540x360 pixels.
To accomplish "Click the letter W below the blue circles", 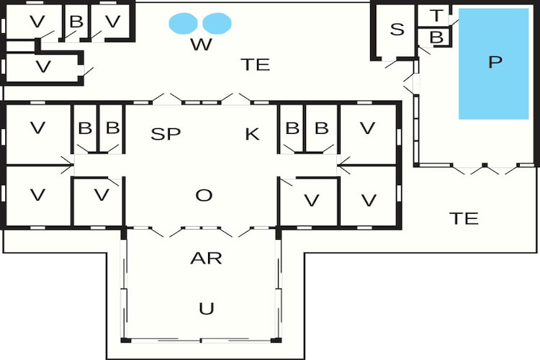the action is (x=201, y=45).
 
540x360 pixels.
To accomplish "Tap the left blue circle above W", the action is (x=183, y=24).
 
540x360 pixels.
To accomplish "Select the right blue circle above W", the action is (x=217, y=24).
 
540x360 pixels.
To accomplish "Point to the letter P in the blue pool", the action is (x=495, y=62).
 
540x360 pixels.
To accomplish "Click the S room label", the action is (x=397, y=30).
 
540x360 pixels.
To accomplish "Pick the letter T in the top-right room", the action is (x=436, y=16).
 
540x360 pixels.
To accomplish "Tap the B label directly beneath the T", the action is (x=437, y=37).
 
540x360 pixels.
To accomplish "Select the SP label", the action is (x=166, y=134).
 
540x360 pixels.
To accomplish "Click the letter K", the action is (x=252, y=134).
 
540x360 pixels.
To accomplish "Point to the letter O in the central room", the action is (x=204, y=195).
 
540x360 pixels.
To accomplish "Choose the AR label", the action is (x=207, y=258).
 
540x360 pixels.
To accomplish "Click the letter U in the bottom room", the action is (x=207, y=308).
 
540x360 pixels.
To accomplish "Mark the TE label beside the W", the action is (x=255, y=65).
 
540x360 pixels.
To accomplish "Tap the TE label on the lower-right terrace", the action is (x=464, y=218).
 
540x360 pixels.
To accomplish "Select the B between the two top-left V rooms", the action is (x=76, y=22).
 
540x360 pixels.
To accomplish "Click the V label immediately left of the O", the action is (x=102, y=195).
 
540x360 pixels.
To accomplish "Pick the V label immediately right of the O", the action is (x=312, y=200).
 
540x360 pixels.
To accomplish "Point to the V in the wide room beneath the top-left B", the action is (x=43, y=66).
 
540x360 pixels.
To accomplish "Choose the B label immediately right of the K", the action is (x=292, y=128).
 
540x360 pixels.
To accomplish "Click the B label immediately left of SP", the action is (x=112, y=128).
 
